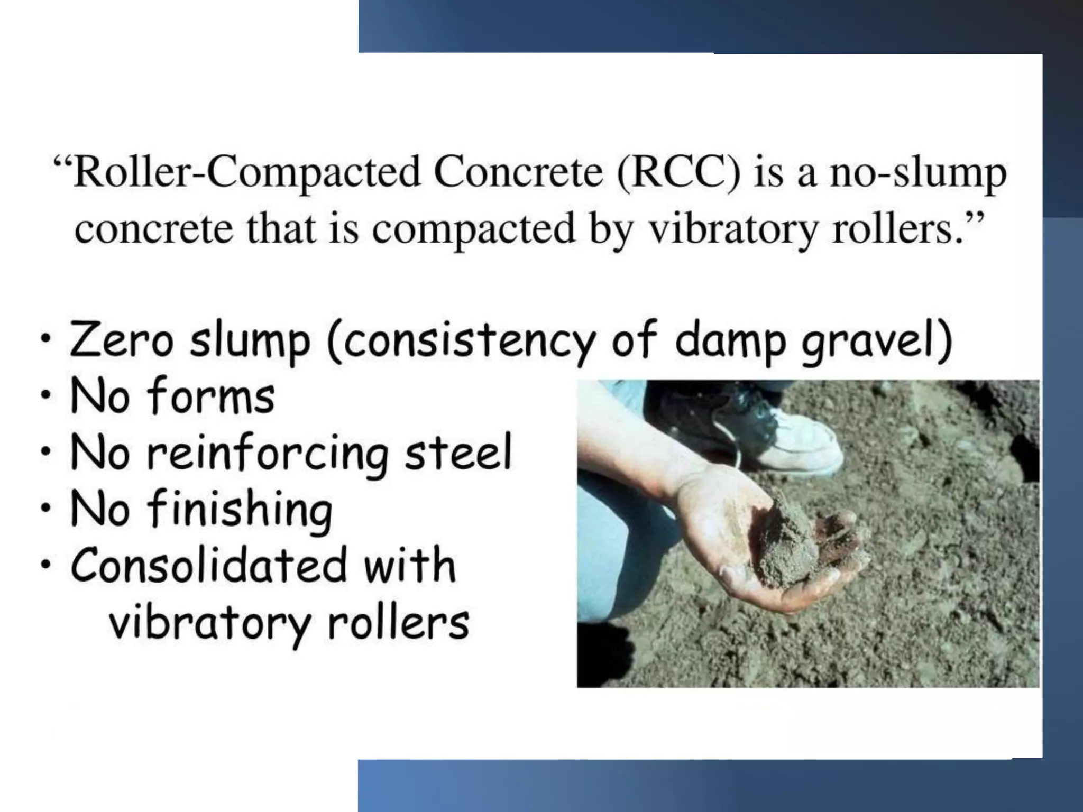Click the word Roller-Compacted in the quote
246,172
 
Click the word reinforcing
267,454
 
